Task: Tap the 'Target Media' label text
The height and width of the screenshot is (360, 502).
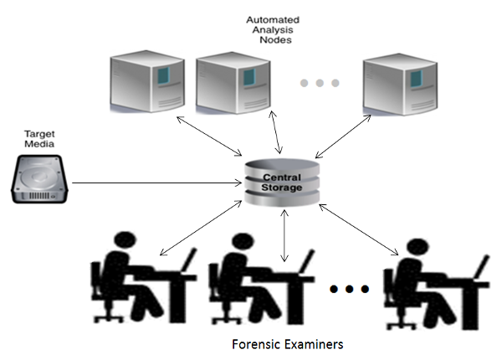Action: (x=39, y=139)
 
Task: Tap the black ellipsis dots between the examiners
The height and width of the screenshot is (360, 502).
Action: (x=349, y=290)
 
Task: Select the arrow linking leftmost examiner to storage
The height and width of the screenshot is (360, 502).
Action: (x=199, y=229)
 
